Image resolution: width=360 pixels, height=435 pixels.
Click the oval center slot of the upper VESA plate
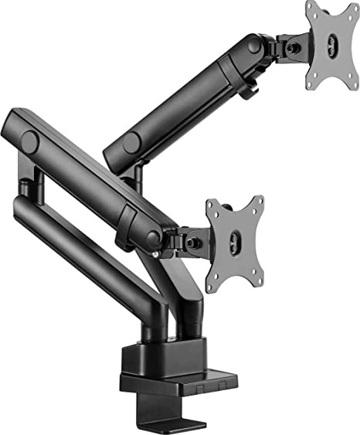coord(333,46)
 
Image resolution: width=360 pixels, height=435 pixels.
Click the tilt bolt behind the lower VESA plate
coord(195,242)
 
